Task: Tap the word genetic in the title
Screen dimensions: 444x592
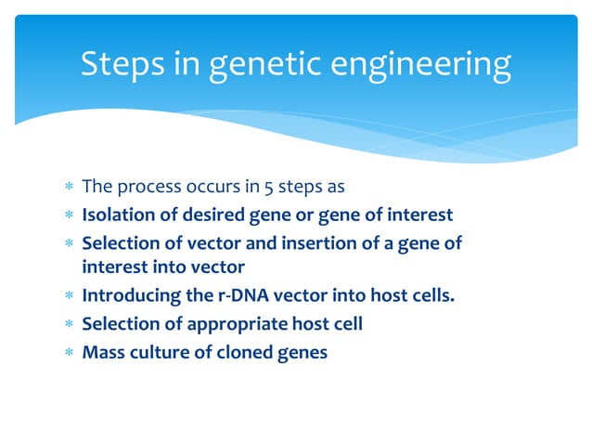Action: coord(263,65)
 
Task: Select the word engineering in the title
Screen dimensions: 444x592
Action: coord(422,65)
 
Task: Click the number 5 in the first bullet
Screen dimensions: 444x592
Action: coord(250,187)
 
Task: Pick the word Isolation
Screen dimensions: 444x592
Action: coord(117,215)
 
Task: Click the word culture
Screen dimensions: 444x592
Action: coord(155,352)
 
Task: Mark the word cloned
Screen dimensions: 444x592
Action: coord(244,352)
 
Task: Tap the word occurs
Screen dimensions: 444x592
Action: coord(211,187)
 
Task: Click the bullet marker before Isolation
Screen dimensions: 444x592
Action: coord(68,216)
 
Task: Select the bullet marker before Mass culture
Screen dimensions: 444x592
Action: coord(68,353)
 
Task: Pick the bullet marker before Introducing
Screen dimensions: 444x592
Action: coord(68,298)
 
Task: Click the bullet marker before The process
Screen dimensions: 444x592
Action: coord(68,188)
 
